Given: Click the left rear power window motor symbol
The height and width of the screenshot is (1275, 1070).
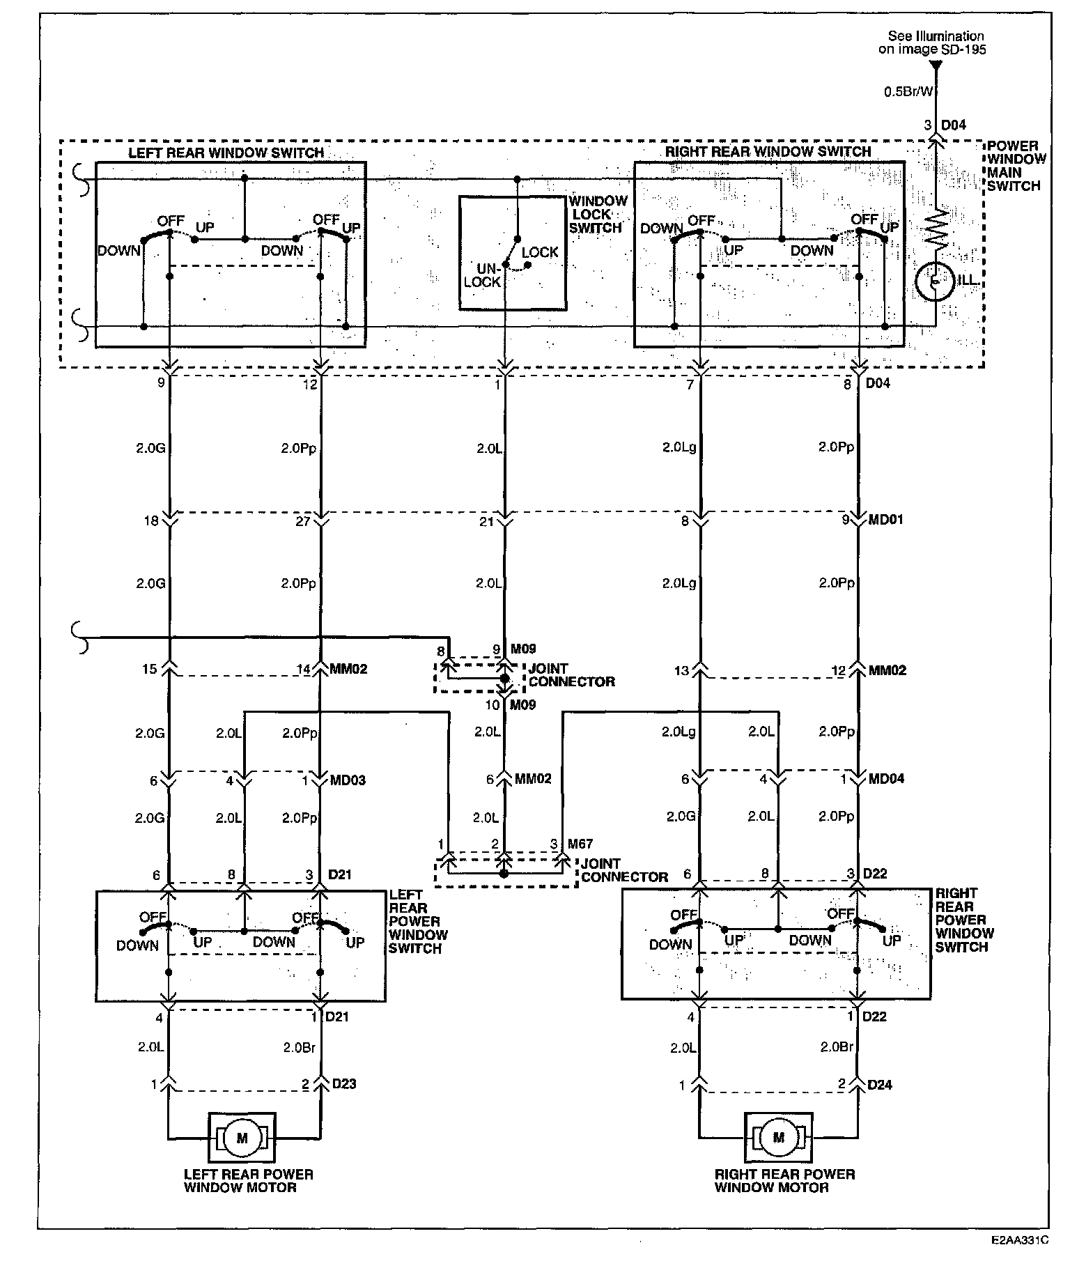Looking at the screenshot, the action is click(242, 1138).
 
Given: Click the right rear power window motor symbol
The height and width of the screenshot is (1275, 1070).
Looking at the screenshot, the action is click(778, 1138).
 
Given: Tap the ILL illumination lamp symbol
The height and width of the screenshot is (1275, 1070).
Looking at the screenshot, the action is click(936, 282).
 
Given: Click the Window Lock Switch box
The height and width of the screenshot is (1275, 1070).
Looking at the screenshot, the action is click(512, 253).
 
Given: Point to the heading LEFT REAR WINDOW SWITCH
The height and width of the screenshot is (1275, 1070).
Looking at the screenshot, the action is click(226, 153).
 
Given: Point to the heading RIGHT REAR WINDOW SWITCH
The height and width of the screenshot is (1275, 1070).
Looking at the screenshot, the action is click(768, 151).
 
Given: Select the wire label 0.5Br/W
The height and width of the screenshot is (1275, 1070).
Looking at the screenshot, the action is click(908, 91).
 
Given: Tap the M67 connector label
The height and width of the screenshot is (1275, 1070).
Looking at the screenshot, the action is click(580, 844).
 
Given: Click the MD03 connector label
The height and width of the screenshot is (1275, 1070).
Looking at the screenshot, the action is click(347, 780).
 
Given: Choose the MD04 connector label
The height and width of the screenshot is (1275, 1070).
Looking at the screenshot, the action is click(886, 779).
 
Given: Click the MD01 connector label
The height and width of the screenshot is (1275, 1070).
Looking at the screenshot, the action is click(885, 520).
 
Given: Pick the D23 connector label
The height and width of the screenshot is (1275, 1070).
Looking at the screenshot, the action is click(344, 1084).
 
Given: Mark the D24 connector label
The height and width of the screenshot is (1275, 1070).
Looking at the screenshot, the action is click(880, 1085).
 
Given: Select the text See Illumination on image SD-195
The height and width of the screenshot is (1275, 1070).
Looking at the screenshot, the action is click(936, 42).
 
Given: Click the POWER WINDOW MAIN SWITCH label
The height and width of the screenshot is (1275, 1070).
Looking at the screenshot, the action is click(1016, 166).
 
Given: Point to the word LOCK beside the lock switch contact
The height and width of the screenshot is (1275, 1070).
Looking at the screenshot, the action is click(539, 252).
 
